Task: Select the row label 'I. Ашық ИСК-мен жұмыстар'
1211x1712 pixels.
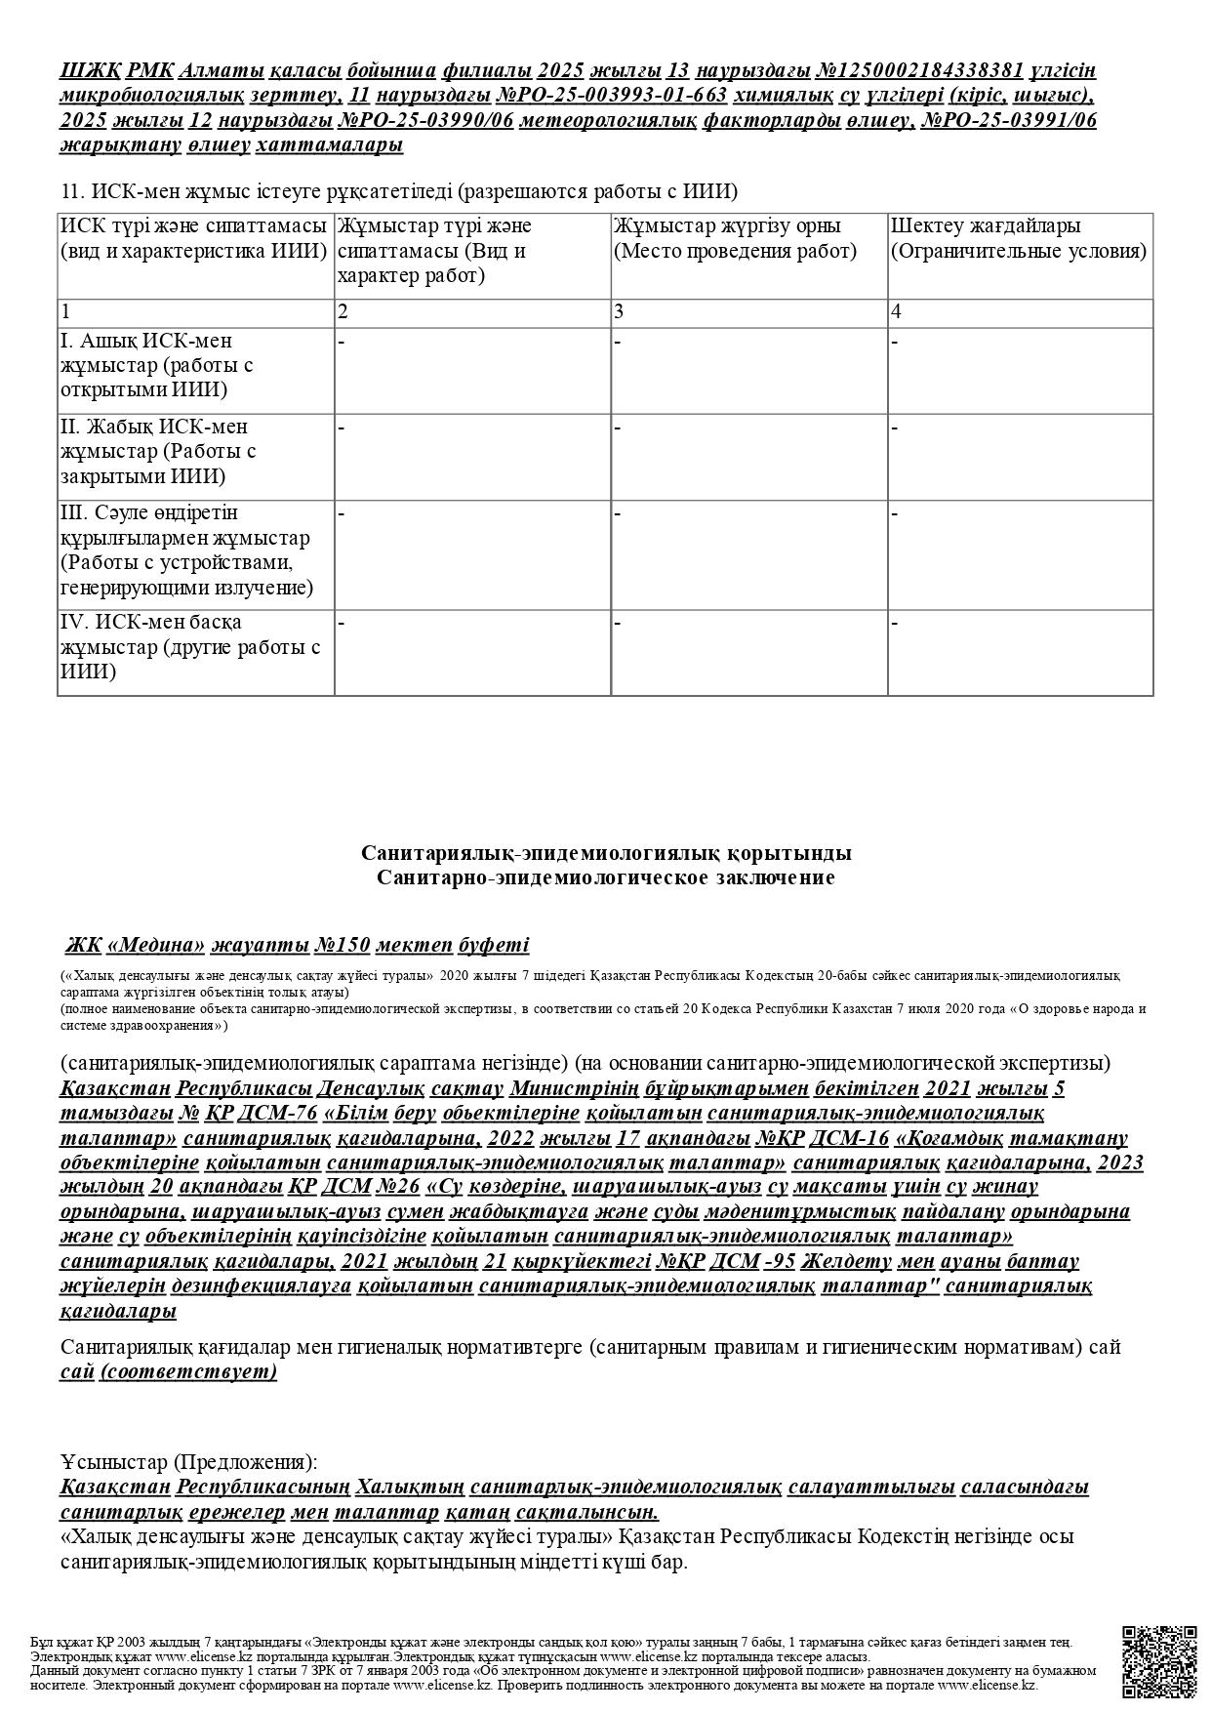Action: tap(156, 365)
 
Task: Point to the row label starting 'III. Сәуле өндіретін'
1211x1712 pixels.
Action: tap(185, 550)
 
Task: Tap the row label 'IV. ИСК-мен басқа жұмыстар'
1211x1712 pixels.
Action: tap(189, 647)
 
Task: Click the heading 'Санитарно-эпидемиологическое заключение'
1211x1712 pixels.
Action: tap(605, 877)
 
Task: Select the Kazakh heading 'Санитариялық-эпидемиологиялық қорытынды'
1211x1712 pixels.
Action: tap(605, 853)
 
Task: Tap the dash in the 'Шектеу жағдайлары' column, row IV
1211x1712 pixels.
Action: tap(895, 622)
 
